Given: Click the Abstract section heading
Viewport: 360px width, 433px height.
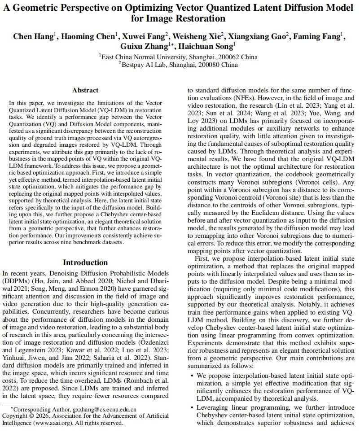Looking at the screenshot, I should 85,90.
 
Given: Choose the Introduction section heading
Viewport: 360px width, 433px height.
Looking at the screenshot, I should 85,262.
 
